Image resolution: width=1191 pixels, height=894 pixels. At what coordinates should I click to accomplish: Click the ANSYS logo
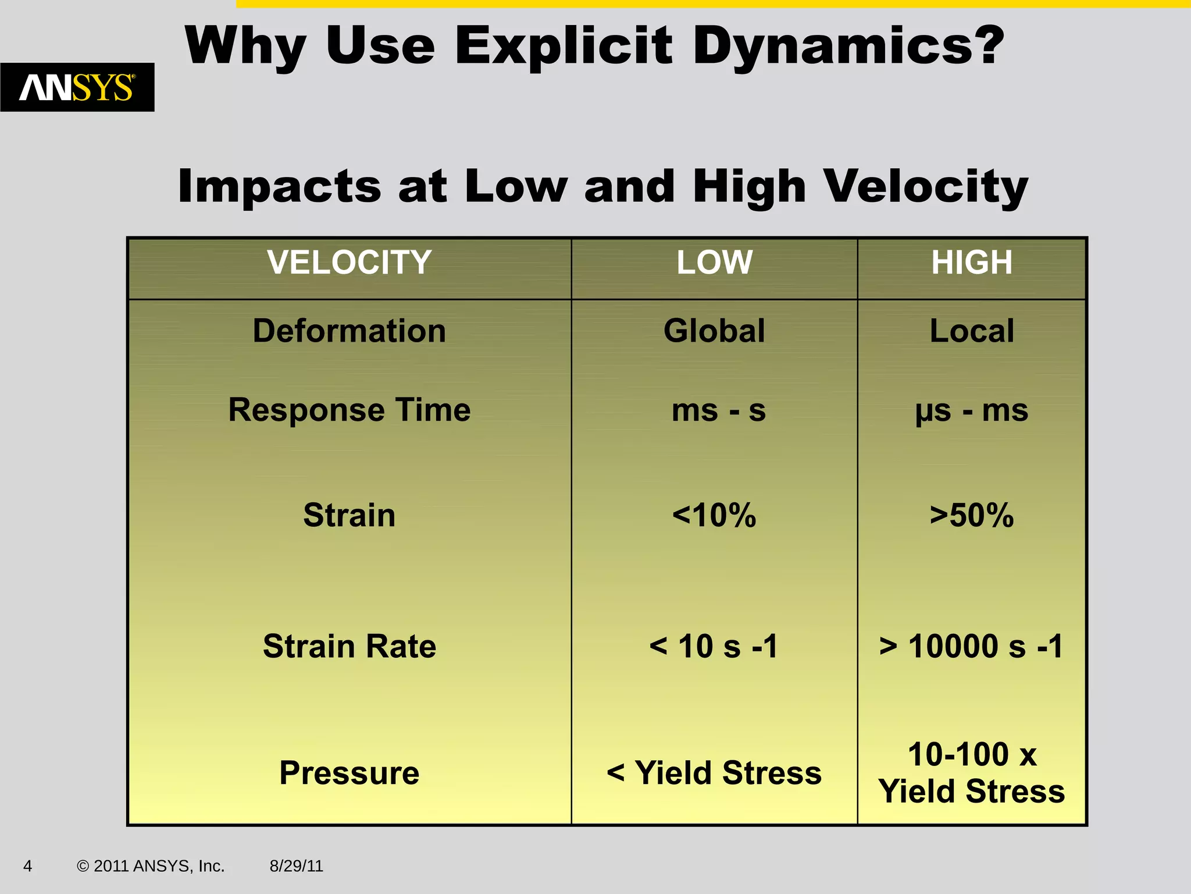pos(77,87)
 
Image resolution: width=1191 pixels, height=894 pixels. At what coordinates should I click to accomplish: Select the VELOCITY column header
pos(349,262)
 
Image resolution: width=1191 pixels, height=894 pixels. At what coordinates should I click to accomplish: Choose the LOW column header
pos(714,262)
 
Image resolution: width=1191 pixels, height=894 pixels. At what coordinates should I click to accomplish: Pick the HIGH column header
pos(972,262)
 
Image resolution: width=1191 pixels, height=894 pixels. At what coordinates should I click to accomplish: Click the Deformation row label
pos(349,331)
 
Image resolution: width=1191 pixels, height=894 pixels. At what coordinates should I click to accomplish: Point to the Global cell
pos(714,331)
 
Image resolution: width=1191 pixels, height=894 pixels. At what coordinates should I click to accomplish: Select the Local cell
pos(972,331)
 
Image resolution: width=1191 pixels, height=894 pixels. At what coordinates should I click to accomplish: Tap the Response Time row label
pos(349,410)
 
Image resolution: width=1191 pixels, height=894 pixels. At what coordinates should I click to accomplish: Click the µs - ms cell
pos(972,411)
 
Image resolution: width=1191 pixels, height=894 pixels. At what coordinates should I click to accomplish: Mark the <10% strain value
pos(714,516)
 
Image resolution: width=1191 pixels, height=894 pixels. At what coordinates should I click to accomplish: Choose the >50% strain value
pos(972,516)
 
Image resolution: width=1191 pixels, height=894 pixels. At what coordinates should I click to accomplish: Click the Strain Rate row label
pos(349,647)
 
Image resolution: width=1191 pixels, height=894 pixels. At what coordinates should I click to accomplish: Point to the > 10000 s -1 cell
pos(972,647)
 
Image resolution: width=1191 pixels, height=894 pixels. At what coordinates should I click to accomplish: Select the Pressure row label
pos(349,773)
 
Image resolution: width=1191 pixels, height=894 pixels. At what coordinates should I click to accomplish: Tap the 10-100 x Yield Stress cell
pos(972,773)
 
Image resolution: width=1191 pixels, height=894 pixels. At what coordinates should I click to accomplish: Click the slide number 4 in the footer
pos(27,866)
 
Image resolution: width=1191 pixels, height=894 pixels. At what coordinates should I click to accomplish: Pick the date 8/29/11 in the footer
pos(296,866)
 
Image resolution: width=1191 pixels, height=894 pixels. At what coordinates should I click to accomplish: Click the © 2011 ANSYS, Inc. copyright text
pos(151,866)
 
